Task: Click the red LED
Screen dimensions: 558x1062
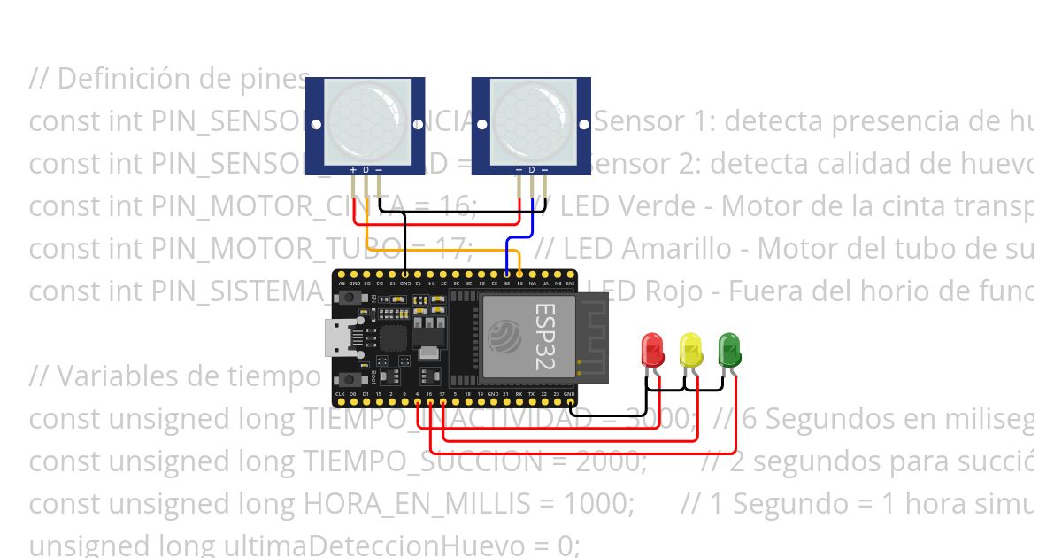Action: click(x=652, y=349)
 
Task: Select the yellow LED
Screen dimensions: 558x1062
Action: click(x=690, y=349)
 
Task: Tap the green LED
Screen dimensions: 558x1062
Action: click(x=728, y=349)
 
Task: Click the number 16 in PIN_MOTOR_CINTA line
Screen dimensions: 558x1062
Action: click(x=458, y=206)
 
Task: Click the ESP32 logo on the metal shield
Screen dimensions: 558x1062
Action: click(x=504, y=337)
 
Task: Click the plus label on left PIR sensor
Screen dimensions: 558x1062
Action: click(x=353, y=169)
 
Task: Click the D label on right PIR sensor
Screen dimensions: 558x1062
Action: click(x=532, y=169)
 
